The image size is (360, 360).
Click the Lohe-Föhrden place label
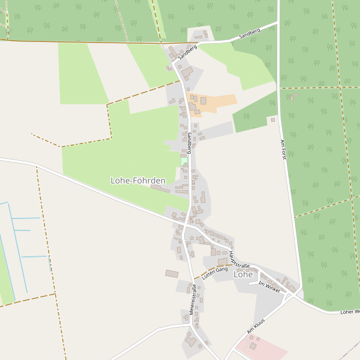click(138, 180)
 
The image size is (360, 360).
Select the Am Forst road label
click(283, 149)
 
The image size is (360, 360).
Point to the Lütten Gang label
click(215, 274)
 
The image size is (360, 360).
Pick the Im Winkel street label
click(269, 287)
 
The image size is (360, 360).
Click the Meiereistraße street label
click(193, 299)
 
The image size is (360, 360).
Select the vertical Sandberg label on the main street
click(189, 142)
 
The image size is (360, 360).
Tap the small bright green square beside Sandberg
click(184, 161)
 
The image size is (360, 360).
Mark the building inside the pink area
click(253, 346)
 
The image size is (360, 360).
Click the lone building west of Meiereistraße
click(172, 274)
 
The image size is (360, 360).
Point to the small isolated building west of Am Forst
click(272, 120)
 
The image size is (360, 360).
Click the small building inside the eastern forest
click(293, 97)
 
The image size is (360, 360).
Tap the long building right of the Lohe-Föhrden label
click(160, 188)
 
